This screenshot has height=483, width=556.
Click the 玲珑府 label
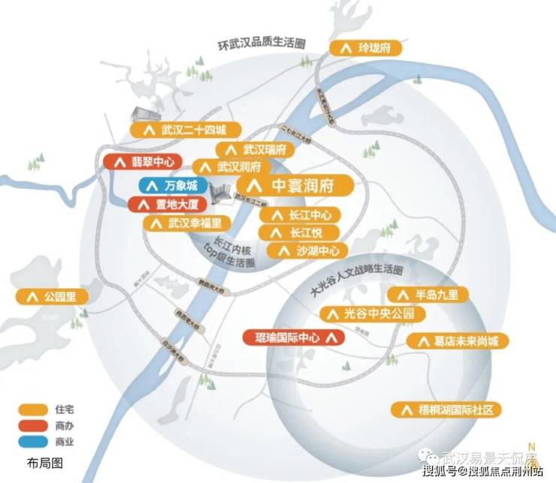(366, 47)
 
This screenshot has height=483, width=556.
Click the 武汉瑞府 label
(252, 149)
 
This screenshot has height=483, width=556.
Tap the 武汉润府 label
(229, 166)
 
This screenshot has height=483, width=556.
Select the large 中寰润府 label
(295, 185)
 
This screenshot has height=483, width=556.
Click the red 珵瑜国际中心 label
(294, 337)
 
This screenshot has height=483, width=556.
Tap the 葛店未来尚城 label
(458, 340)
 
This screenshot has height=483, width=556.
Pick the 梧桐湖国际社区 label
(448, 409)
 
